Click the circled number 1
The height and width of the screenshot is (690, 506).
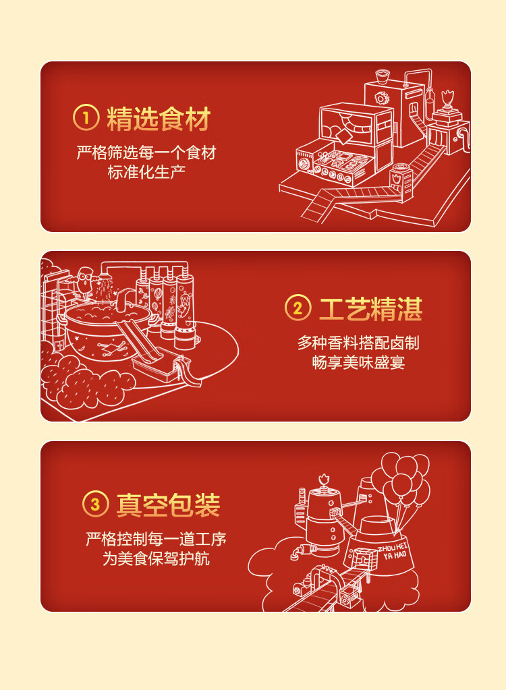pos(86,119)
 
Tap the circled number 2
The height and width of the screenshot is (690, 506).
pos(298,309)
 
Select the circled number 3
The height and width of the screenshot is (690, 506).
pos(95,504)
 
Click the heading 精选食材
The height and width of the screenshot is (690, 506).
pos(159,119)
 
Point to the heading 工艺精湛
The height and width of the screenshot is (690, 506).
pos(370,309)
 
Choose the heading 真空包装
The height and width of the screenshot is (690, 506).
pos(168,505)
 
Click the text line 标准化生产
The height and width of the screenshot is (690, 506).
pos(146,172)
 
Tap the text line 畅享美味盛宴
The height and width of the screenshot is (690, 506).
pos(358,362)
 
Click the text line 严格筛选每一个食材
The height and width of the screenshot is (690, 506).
pos(146,153)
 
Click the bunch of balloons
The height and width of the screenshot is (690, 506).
pos(403,478)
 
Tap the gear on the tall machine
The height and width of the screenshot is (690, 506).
pos(383,99)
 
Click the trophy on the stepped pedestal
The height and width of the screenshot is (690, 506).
pos(447,102)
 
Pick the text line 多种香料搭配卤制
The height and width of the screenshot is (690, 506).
pos(358,343)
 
